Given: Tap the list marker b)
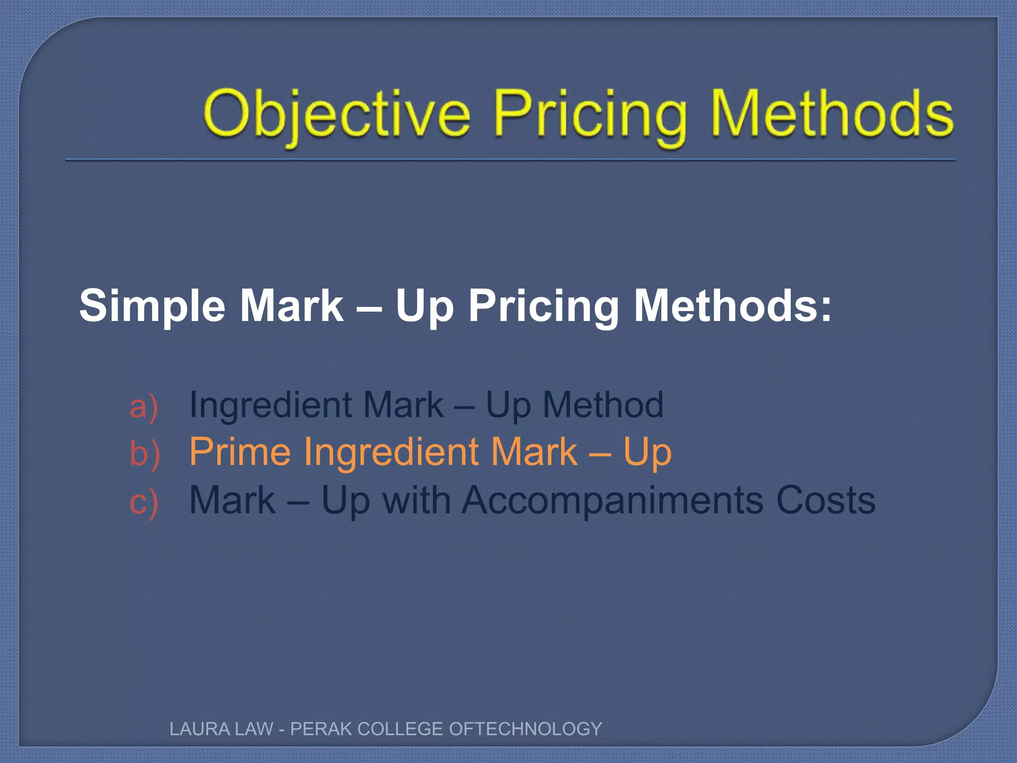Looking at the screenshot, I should click(x=145, y=453).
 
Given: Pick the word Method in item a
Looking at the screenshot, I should click(x=603, y=404).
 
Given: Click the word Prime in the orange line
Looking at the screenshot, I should click(x=240, y=452).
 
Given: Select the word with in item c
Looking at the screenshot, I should click(x=417, y=500).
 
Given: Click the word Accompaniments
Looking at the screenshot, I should click(x=613, y=501).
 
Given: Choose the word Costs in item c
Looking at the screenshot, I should click(x=825, y=500).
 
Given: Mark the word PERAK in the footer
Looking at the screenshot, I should click(x=321, y=729).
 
